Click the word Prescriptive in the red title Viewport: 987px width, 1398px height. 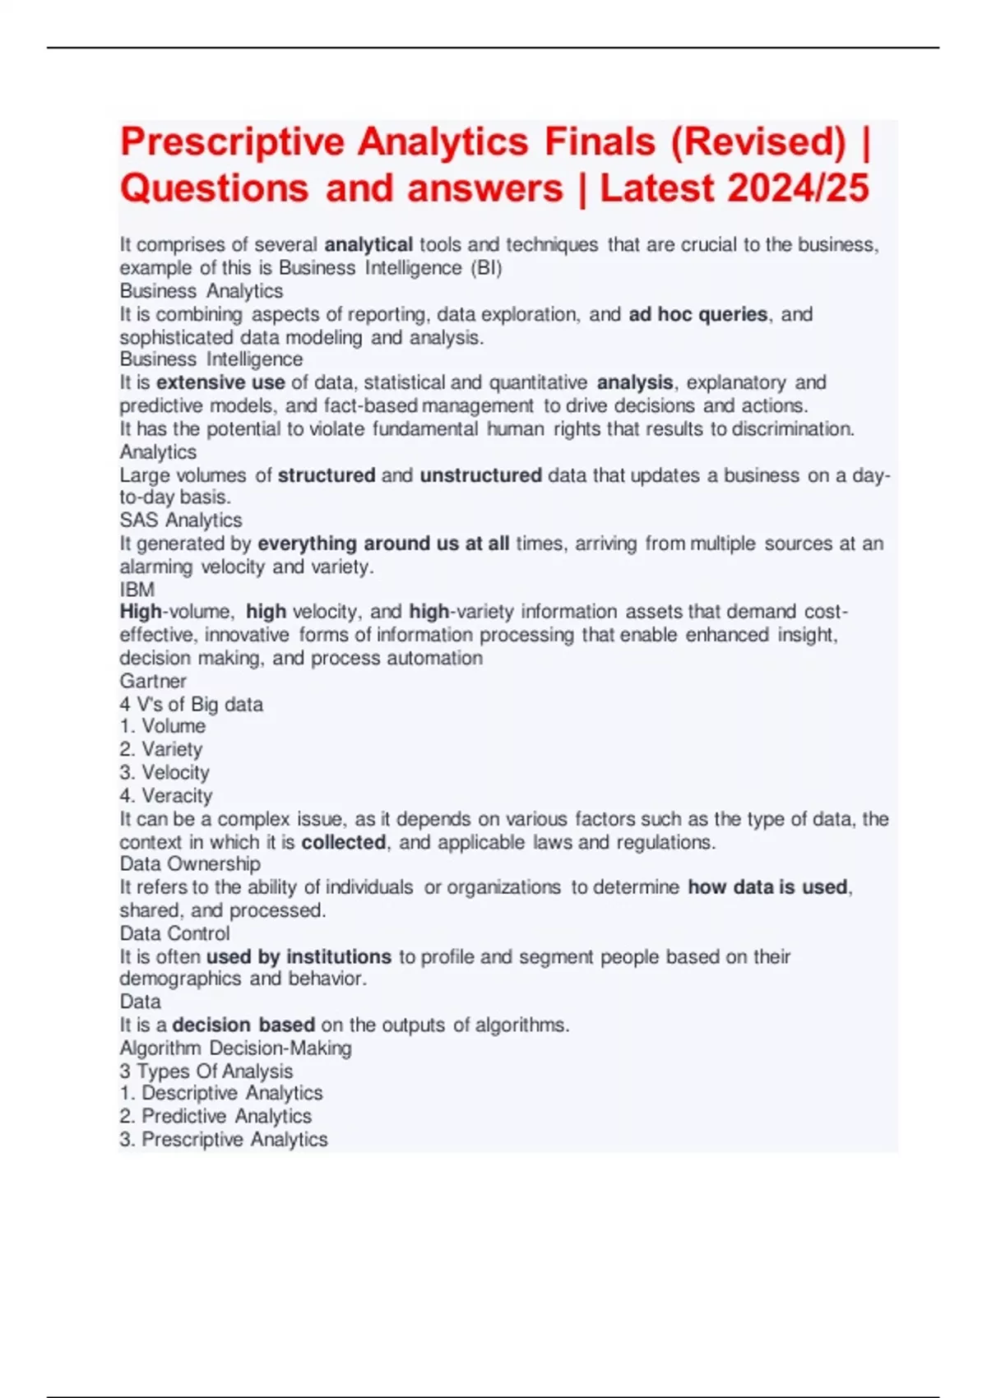(232, 142)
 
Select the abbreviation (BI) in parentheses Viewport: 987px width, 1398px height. (485, 268)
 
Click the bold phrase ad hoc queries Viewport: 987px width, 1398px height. (697, 314)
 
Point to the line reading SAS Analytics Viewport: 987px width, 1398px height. (181, 521)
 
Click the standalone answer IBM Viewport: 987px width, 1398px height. (137, 590)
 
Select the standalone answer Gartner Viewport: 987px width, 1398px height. (153, 681)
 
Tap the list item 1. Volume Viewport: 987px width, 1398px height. (163, 726)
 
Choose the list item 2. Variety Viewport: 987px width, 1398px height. (161, 749)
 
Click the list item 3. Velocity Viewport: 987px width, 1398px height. (164, 772)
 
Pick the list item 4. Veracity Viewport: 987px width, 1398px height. (166, 795)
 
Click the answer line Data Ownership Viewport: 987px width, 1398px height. (190, 863)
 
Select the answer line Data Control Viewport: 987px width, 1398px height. (174, 933)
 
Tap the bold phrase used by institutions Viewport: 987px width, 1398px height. (299, 956)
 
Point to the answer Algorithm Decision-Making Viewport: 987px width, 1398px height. (235, 1048)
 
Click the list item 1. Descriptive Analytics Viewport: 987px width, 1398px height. (221, 1093)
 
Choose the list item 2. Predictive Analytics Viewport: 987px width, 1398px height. (215, 1116)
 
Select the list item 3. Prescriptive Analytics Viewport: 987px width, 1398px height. (224, 1139)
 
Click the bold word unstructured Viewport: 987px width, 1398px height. (480, 475)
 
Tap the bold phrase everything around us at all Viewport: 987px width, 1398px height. (383, 544)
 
